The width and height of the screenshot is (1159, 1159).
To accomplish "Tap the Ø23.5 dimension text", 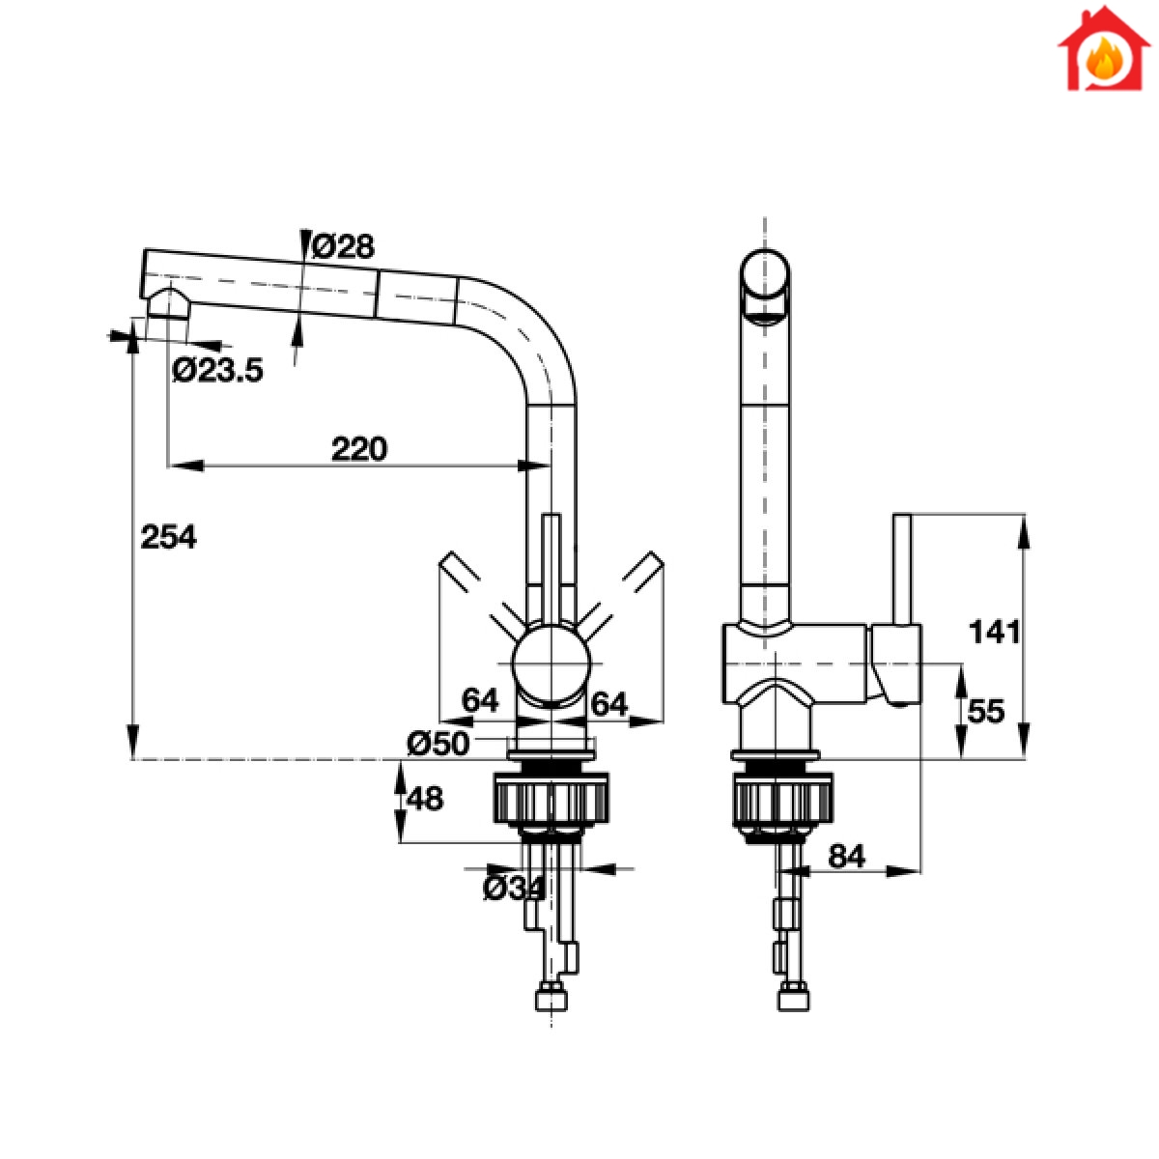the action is click(217, 370).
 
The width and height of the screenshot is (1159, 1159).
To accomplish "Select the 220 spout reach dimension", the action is click(359, 449).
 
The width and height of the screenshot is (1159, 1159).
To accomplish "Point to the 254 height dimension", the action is click(168, 536).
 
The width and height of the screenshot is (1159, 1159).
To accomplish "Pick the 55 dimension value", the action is click(986, 712).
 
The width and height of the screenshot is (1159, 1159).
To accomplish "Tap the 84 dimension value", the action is click(846, 857).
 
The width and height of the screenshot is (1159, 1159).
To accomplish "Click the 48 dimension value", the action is click(425, 798).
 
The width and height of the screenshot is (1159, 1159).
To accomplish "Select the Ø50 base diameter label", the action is click(438, 744).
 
